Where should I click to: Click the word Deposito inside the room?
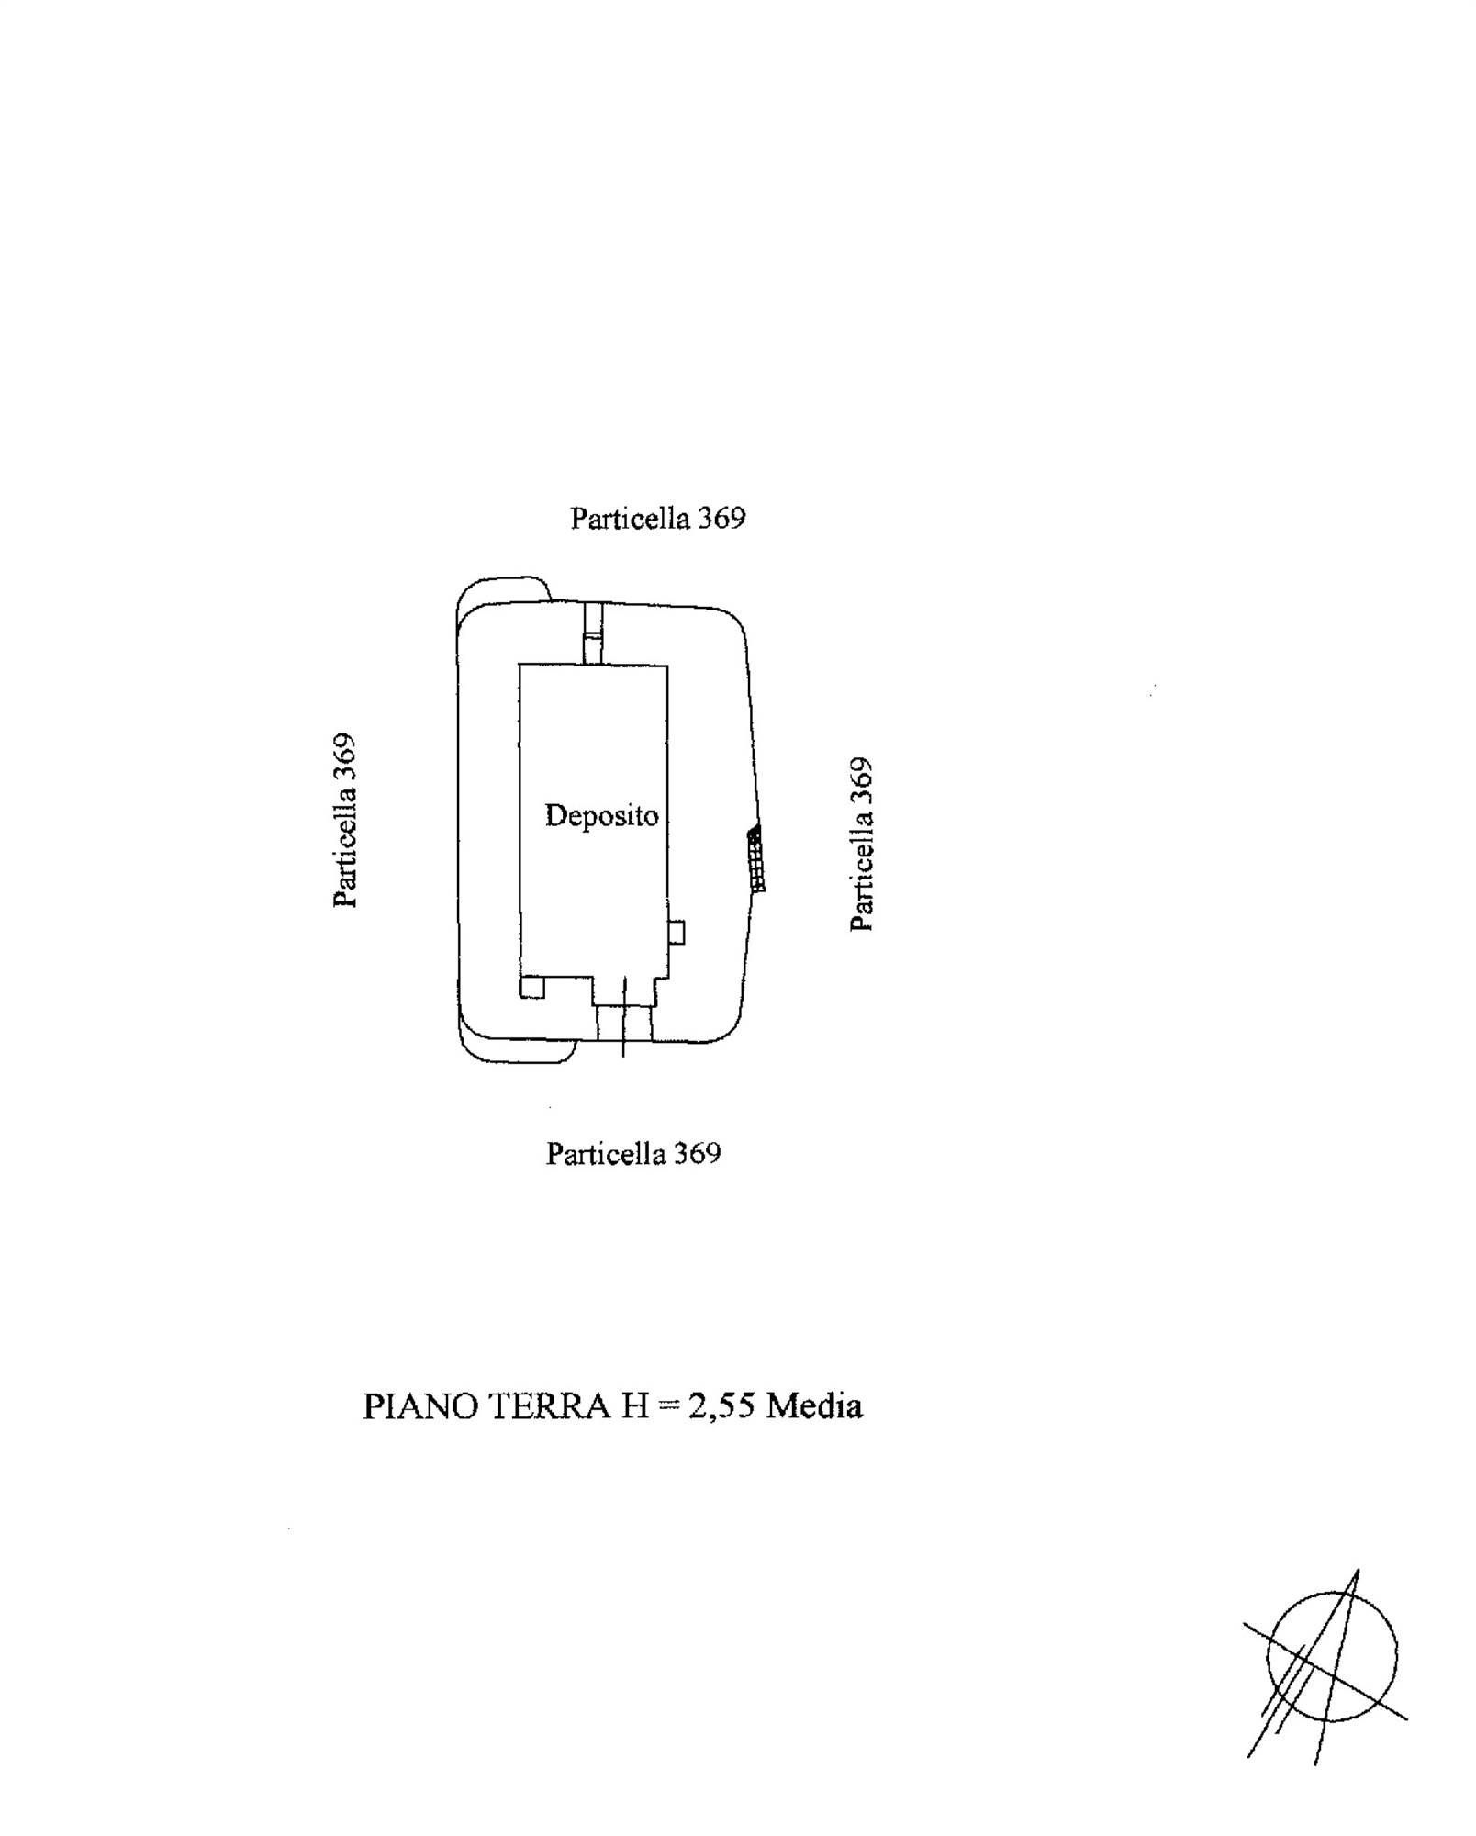click(601, 815)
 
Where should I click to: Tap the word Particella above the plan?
click(631, 518)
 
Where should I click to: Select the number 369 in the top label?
click(721, 518)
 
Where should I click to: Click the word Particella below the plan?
click(606, 1153)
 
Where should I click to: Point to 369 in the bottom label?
click(698, 1153)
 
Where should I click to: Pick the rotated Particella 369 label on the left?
click(344, 820)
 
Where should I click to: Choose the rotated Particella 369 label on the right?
click(861, 844)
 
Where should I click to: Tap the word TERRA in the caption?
click(549, 1406)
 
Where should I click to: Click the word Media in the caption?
click(815, 1406)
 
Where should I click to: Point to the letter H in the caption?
click(635, 1406)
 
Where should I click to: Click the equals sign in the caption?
click(667, 1407)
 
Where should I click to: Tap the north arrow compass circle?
click(1332, 1655)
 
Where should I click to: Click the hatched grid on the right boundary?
click(756, 858)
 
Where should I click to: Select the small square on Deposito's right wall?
click(676, 932)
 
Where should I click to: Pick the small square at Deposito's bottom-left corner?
click(532, 987)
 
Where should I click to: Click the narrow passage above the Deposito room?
click(594, 633)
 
